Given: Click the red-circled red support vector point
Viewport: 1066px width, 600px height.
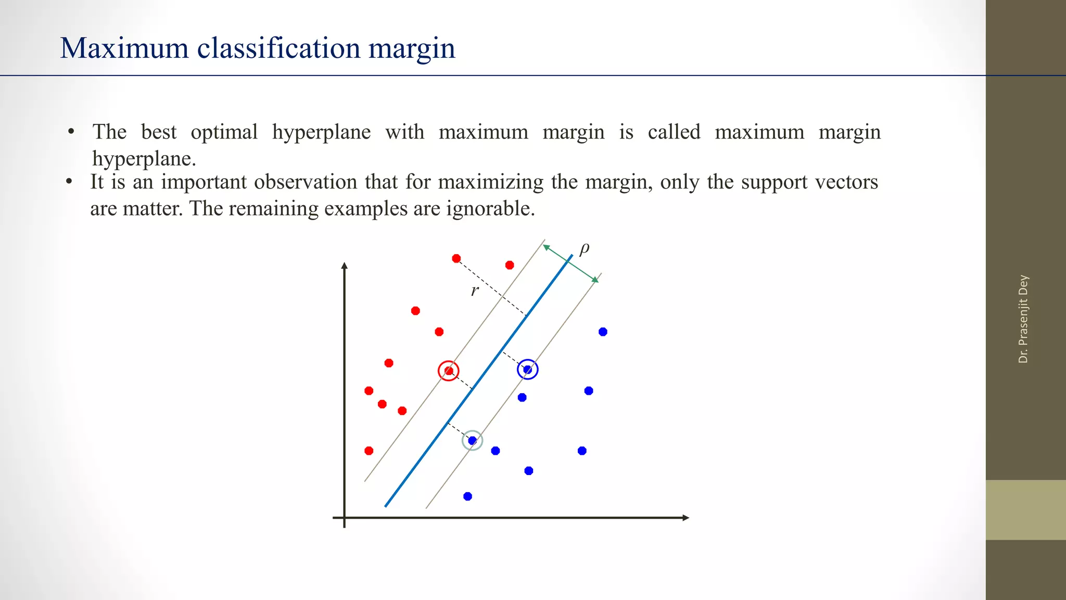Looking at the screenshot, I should [449, 371].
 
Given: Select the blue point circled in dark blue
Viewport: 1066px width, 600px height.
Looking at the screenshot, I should [527, 369].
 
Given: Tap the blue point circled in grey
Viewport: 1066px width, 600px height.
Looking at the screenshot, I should [472, 441].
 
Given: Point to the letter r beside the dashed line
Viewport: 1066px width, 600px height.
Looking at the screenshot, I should [474, 291].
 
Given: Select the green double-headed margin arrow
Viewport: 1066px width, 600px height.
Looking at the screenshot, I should [570, 264].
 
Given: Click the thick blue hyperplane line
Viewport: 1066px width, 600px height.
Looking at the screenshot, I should [479, 381].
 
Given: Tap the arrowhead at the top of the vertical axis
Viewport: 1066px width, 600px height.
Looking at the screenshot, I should [344, 266].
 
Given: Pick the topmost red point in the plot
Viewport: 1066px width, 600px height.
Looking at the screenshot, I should [456, 258].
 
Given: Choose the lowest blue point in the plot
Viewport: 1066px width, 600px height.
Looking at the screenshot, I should [467, 496].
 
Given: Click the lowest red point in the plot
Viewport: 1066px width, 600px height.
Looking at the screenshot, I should [369, 451].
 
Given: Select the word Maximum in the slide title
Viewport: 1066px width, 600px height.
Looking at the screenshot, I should [124, 48].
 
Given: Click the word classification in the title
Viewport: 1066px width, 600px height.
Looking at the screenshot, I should [279, 48].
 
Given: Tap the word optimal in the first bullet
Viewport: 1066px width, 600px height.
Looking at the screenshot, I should [224, 132].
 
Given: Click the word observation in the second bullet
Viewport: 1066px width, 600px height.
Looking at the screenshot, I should [302, 182].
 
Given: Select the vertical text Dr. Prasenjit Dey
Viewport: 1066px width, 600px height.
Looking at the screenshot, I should [1023, 319].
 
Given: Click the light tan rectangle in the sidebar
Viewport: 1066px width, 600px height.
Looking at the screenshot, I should [1025, 509].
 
